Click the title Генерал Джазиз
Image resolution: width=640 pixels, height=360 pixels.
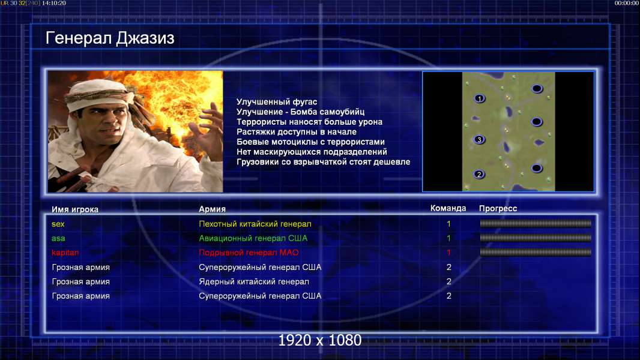pyautogui.click(x=110, y=38)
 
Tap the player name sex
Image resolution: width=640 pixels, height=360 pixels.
pyautogui.click(x=58, y=224)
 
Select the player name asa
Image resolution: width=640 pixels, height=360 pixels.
pyautogui.click(x=58, y=238)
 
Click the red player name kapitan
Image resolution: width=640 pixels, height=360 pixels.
pyautogui.click(x=65, y=253)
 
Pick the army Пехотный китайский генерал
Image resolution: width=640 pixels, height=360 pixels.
pyautogui.click(x=255, y=224)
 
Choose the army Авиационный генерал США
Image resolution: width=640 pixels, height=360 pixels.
pyautogui.click(x=253, y=238)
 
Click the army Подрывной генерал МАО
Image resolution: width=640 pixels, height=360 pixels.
pyautogui.click(x=249, y=253)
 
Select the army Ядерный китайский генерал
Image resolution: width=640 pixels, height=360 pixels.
pyautogui.click(x=254, y=281)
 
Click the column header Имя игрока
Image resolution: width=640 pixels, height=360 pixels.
pyautogui.click(x=74, y=209)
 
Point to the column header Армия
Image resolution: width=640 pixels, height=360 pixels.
pyautogui.click(x=213, y=209)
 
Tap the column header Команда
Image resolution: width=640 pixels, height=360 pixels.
pyautogui.click(x=448, y=208)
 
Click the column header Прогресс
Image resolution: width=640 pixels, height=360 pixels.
pyautogui.click(x=498, y=209)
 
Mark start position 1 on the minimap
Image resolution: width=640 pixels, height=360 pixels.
pyautogui.click(x=480, y=98)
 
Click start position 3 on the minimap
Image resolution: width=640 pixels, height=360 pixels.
pyautogui.click(x=479, y=139)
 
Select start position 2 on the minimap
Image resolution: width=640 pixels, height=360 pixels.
pyautogui.click(x=479, y=174)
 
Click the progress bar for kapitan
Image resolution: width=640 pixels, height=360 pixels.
pyautogui.click(x=536, y=253)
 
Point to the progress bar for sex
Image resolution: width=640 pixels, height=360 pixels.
pyautogui.click(x=536, y=223)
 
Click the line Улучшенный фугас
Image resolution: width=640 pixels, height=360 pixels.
pyautogui.click(x=277, y=102)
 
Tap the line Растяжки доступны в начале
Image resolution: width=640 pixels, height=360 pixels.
pyautogui.click(x=297, y=131)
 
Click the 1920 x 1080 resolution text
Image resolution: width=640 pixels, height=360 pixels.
pyautogui.click(x=319, y=340)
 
